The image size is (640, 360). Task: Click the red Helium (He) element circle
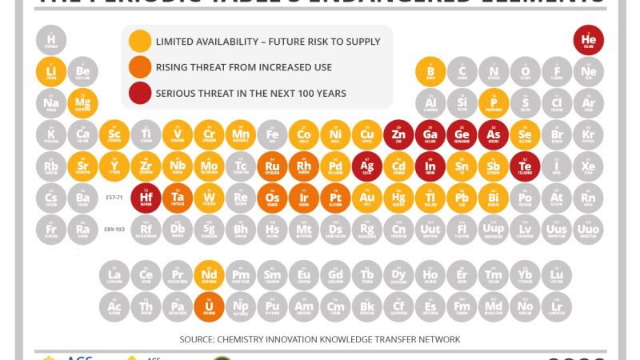(589, 40)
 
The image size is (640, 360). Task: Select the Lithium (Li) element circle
(51, 72)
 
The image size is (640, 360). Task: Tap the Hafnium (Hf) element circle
(146, 198)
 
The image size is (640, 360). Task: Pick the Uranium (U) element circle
(210, 306)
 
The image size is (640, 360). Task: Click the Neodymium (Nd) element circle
(210, 276)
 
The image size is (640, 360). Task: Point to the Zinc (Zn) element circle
(398, 135)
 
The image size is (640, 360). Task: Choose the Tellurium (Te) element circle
(525, 166)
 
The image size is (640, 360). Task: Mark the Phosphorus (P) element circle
(494, 103)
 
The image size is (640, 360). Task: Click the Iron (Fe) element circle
(272, 135)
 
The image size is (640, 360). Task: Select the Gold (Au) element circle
(367, 198)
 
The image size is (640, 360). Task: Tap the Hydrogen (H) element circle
(51, 40)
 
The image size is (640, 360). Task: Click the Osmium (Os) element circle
(272, 198)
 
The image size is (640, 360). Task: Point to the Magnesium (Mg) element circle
(82, 103)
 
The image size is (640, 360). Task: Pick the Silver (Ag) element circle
(367, 166)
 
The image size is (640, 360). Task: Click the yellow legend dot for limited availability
(141, 42)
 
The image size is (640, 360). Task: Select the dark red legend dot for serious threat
(141, 93)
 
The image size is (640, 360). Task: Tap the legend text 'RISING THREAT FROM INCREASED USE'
(244, 67)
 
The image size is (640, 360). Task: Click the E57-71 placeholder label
(115, 197)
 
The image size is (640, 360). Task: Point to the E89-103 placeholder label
(115, 230)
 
